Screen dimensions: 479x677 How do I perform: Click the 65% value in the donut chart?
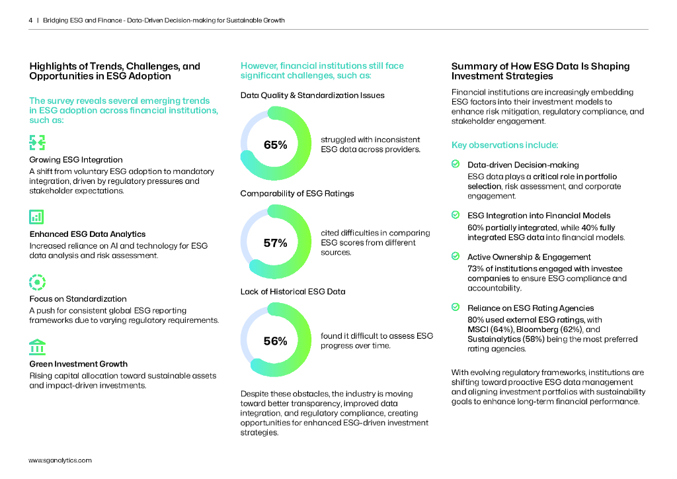[275, 145]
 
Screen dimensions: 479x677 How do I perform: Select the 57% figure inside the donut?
[275, 243]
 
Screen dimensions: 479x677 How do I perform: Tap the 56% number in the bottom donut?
[275, 341]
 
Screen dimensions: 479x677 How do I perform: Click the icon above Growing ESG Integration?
[37, 142]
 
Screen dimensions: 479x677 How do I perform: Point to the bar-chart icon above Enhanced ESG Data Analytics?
[37, 216]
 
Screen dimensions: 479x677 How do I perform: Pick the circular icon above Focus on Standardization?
[37, 282]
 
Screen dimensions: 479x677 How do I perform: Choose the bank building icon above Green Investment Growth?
[37, 347]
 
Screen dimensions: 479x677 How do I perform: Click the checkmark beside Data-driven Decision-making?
[456, 164]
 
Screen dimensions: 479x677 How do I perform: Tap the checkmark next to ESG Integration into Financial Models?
[456, 215]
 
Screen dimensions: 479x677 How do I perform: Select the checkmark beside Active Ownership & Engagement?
[456, 256]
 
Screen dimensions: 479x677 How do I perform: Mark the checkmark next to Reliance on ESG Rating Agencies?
[456, 307]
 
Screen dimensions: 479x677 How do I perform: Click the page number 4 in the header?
[30, 21]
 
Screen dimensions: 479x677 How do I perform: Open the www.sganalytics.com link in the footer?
[60, 460]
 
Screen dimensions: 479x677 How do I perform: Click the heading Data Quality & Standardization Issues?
[312, 95]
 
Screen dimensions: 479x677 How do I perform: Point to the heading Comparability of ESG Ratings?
[297, 193]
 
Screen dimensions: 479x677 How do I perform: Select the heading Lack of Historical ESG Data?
[293, 291]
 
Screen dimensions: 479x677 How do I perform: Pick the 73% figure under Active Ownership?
[475, 269]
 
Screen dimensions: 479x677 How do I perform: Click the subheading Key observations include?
[504, 145]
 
